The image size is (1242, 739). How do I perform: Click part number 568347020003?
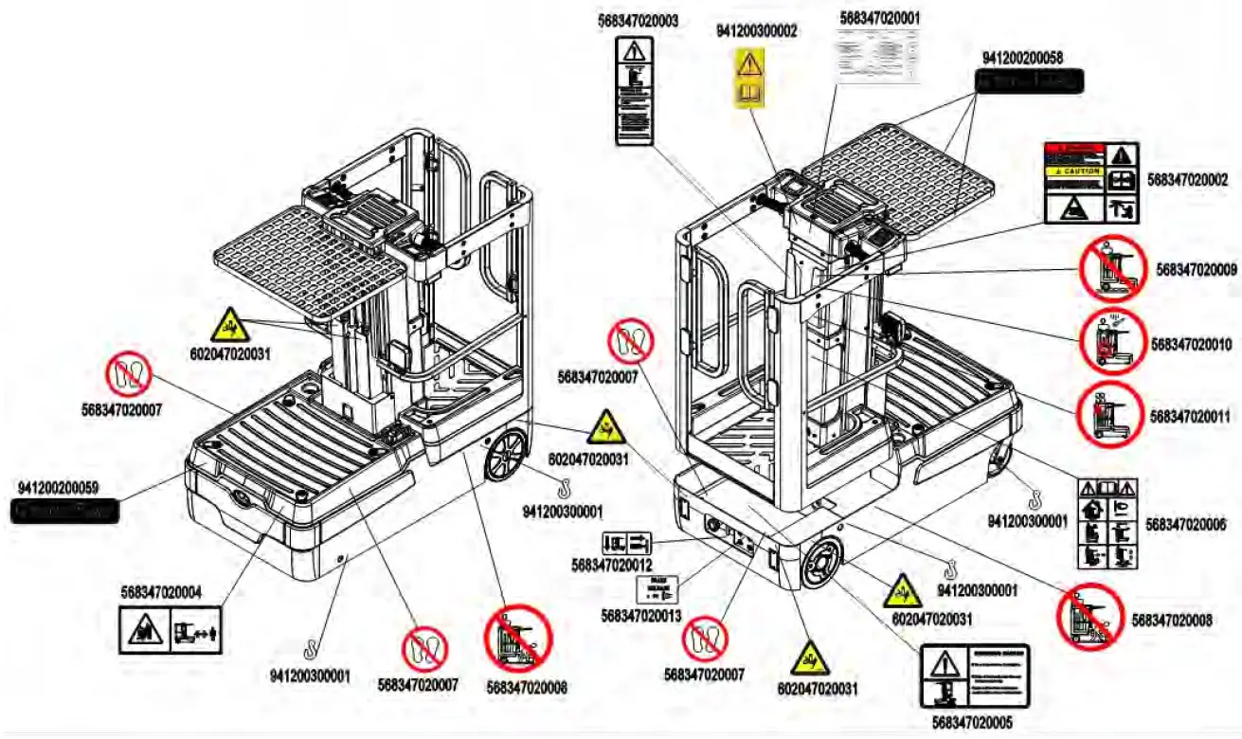pyautogui.click(x=638, y=19)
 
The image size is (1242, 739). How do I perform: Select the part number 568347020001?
pyautogui.click(x=879, y=17)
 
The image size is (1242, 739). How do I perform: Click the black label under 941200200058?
pyautogui.click(x=1029, y=81)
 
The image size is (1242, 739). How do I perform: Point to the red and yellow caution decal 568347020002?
pyautogui.click(x=1090, y=183)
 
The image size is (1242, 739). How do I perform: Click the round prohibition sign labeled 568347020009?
pyautogui.click(x=1113, y=269)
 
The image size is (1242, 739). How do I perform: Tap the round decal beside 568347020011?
pyautogui.click(x=1108, y=415)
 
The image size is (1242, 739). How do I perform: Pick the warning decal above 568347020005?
pyautogui.click(x=974, y=676)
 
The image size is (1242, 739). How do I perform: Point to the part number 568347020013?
pyautogui.click(x=640, y=616)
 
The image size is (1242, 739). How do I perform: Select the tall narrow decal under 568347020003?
pyautogui.click(x=636, y=91)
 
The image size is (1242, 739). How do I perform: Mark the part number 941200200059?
pyautogui.click(x=58, y=488)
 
